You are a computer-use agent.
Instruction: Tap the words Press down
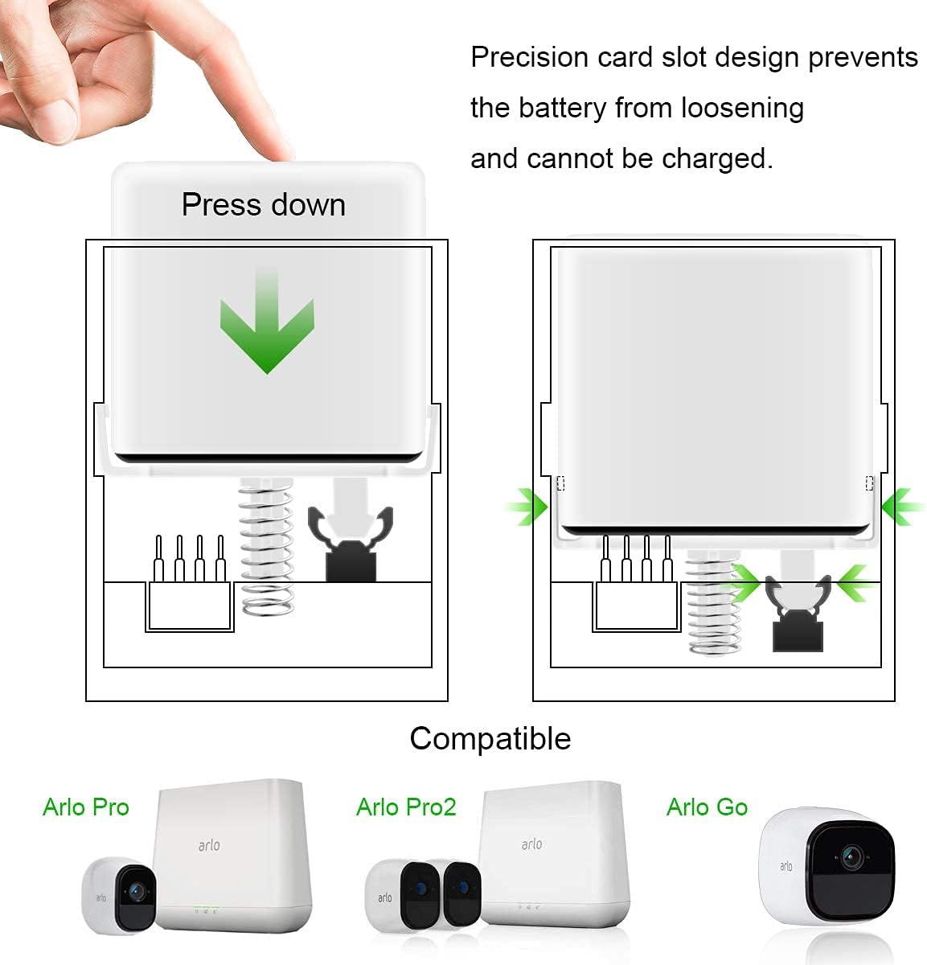263,204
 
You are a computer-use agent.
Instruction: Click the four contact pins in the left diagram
190,560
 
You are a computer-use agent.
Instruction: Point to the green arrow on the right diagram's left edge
527,507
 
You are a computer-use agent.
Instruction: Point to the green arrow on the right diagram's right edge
902,507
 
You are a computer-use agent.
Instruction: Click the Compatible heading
490,738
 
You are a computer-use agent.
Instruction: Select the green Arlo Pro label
86,807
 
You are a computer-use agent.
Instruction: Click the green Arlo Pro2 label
406,807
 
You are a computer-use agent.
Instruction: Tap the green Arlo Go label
707,807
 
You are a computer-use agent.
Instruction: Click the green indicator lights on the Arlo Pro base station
206,911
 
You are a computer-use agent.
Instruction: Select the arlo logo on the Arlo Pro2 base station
531,844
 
